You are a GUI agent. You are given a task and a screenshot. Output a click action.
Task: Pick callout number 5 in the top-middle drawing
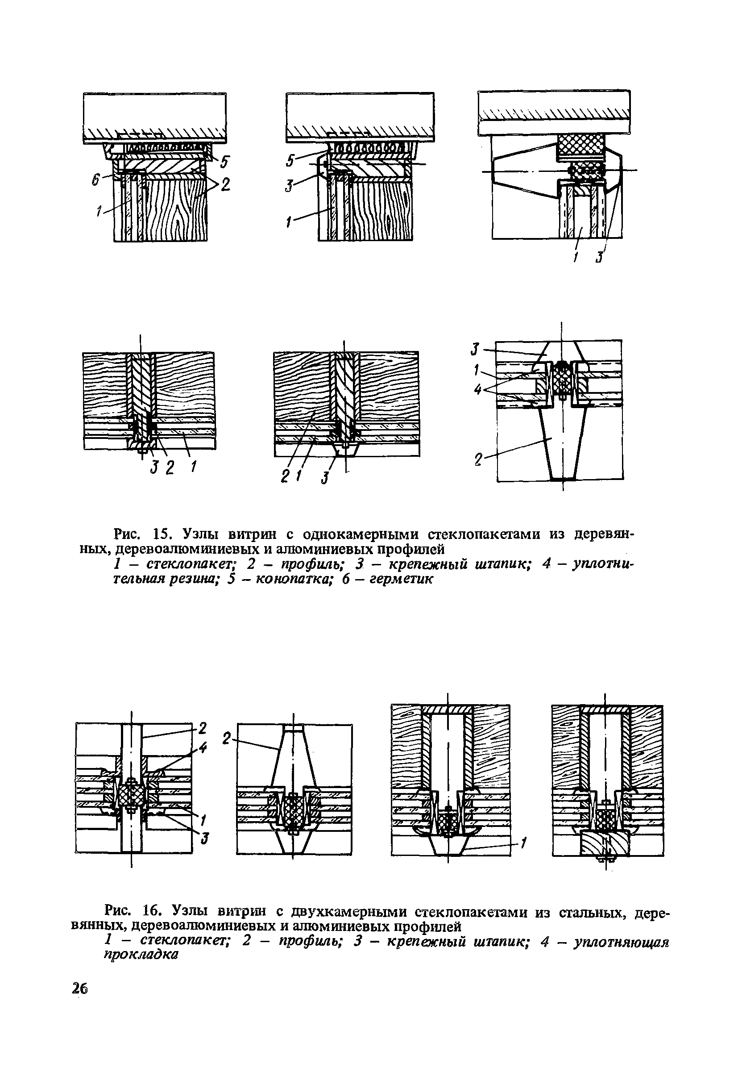point(291,161)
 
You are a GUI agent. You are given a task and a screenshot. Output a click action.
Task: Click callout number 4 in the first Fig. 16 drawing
point(202,748)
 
